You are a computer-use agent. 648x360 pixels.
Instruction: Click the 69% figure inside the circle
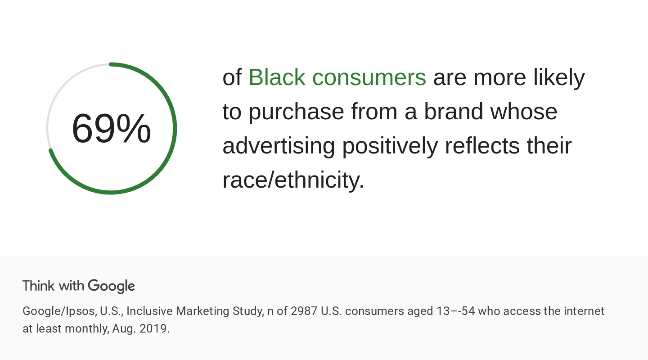coord(111,129)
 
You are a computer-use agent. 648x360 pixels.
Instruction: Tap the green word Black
coord(277,77)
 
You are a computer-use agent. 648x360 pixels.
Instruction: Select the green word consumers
coord(369,77)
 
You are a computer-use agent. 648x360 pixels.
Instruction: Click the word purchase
coord(296,112)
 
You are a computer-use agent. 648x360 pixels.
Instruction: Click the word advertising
coord(279,146)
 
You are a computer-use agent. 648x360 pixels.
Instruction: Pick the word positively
coord(390,146)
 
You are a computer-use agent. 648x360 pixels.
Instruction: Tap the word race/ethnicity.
coord(293,180)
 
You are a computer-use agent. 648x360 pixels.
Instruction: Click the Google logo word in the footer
coord(111,286)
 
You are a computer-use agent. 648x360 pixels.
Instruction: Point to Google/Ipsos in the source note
coord(59,311)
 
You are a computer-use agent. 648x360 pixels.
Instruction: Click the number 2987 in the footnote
coord(304,311)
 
